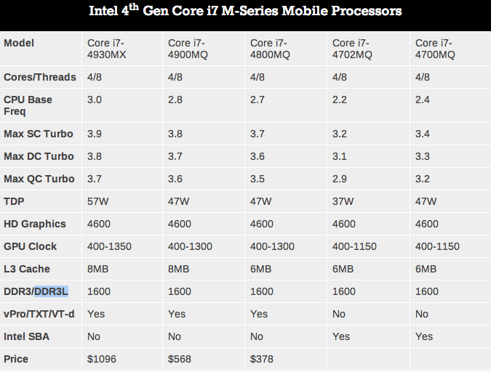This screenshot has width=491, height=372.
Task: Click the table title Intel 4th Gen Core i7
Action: pos(245,12)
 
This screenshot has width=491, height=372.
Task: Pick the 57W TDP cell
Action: pos(98,201)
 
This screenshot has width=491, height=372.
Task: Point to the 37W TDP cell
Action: pos(343,201)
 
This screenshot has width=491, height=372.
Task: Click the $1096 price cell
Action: pos(103,359)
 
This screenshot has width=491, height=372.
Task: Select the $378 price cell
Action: pos(263,359)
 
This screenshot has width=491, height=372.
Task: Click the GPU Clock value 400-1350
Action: pos(109,246)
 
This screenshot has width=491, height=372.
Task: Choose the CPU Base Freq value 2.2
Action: pos(340,100)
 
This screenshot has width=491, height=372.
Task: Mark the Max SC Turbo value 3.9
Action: pos(95,134)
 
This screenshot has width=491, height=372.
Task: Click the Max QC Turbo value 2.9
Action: pos(340,179)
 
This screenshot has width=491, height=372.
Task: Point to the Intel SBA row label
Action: pos(27,336)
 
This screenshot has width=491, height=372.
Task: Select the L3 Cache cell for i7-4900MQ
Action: pos(179,269)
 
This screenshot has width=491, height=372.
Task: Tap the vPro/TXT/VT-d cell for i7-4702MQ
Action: pos(340,314)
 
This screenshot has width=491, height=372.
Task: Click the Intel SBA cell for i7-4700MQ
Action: pos(423,336)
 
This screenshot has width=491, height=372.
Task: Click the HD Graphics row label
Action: pos(35,224)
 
